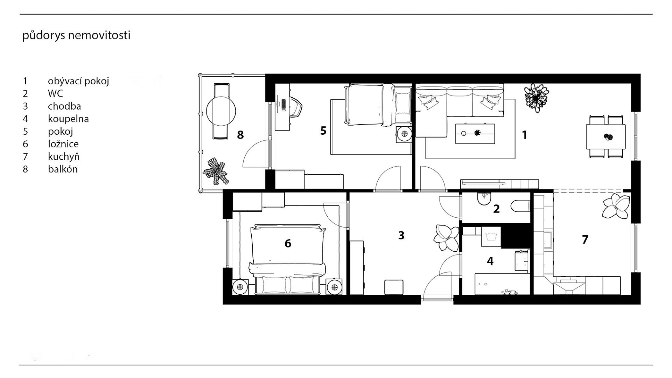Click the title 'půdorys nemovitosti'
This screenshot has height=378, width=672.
[x=76, y=36]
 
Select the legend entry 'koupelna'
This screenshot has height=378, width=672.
[x=68, y=119]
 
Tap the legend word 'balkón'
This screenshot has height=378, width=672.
[x=63, y=169]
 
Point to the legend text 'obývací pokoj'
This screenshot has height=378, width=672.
[x=78, y=81]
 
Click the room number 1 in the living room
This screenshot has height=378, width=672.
[x=524, y=135]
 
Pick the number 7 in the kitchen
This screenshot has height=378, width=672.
[x=585, y=239]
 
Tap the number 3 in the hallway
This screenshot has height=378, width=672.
[x=401, y=235]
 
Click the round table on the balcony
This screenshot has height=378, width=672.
[x=221, y=111]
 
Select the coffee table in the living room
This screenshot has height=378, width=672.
[x=475, y=134]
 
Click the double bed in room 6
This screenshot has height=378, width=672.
[x=288, y=259]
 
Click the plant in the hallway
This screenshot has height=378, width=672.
[x=446, y=238]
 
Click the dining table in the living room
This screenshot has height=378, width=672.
[x=606, y=136]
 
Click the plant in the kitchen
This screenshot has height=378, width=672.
[x=616, y=207]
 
